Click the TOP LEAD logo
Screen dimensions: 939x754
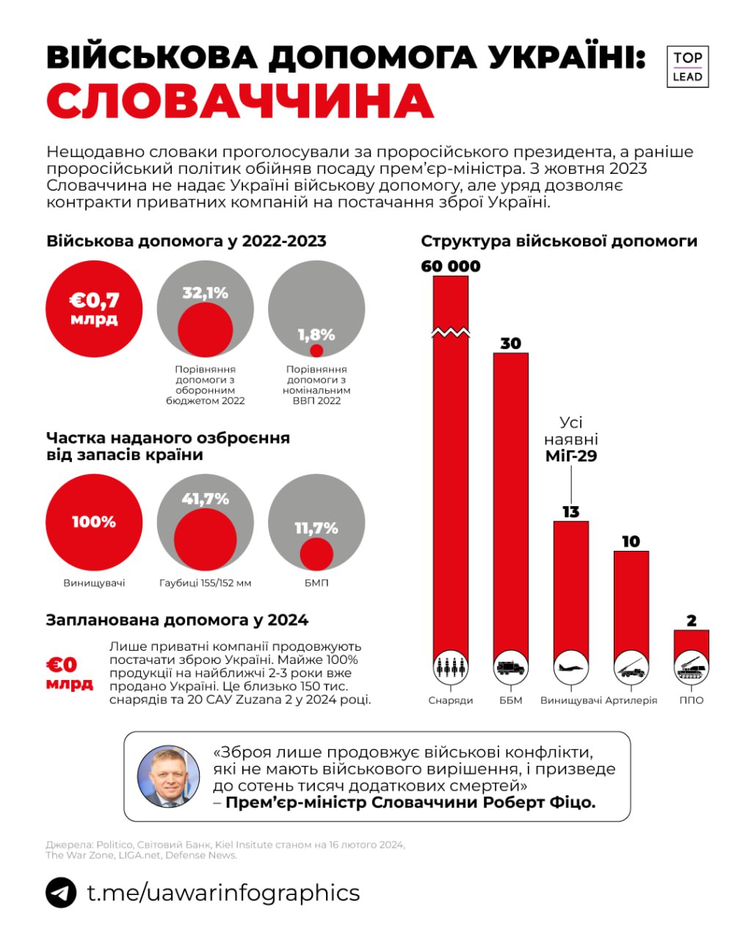(x=687, y=67)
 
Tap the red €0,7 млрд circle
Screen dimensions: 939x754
(x=94, y=308)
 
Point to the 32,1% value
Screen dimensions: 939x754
(x=206, y=293)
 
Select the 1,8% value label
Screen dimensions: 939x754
(x=316, y=335)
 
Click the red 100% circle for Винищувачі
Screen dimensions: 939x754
(x=94, y=522)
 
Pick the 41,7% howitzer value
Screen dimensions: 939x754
(x=206, y=499)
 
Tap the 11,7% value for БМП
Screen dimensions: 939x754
(x=316, y=528)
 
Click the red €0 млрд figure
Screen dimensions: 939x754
(x=70, y=673)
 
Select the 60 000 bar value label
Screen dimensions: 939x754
(x=451, y=266)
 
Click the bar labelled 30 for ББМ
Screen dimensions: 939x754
(x=510, y=499)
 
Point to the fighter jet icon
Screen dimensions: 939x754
(x=570, y=668)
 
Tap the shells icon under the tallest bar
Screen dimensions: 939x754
(x=451, y=668)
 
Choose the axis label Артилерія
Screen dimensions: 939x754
(x=631, y=701)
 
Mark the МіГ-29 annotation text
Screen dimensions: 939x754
(x=570, y=456)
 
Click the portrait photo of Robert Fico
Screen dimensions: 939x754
(x=169, y=776)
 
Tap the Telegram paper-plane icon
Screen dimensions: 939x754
(x=61, y=893)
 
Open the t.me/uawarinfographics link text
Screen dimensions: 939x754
(x=223, y=893)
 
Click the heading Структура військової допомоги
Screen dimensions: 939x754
(x=559, y=241)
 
